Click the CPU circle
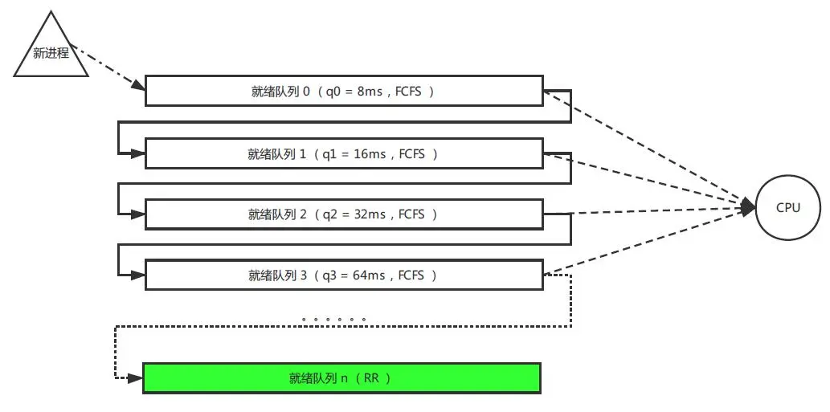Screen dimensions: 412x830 [788, 208]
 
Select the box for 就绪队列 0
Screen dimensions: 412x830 [343, 92]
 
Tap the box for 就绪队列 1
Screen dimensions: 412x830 [343, 153]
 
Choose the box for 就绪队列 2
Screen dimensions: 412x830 [343, 214]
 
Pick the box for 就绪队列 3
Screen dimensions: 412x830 [343, 275]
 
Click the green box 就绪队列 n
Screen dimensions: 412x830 [341, 378]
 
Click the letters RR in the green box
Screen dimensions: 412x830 [371, 378]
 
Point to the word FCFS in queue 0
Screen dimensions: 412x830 [410, 92]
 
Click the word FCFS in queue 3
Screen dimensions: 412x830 [414, 275]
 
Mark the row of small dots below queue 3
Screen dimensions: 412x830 [334, 320]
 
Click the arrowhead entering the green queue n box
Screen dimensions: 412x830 [137, 376]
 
